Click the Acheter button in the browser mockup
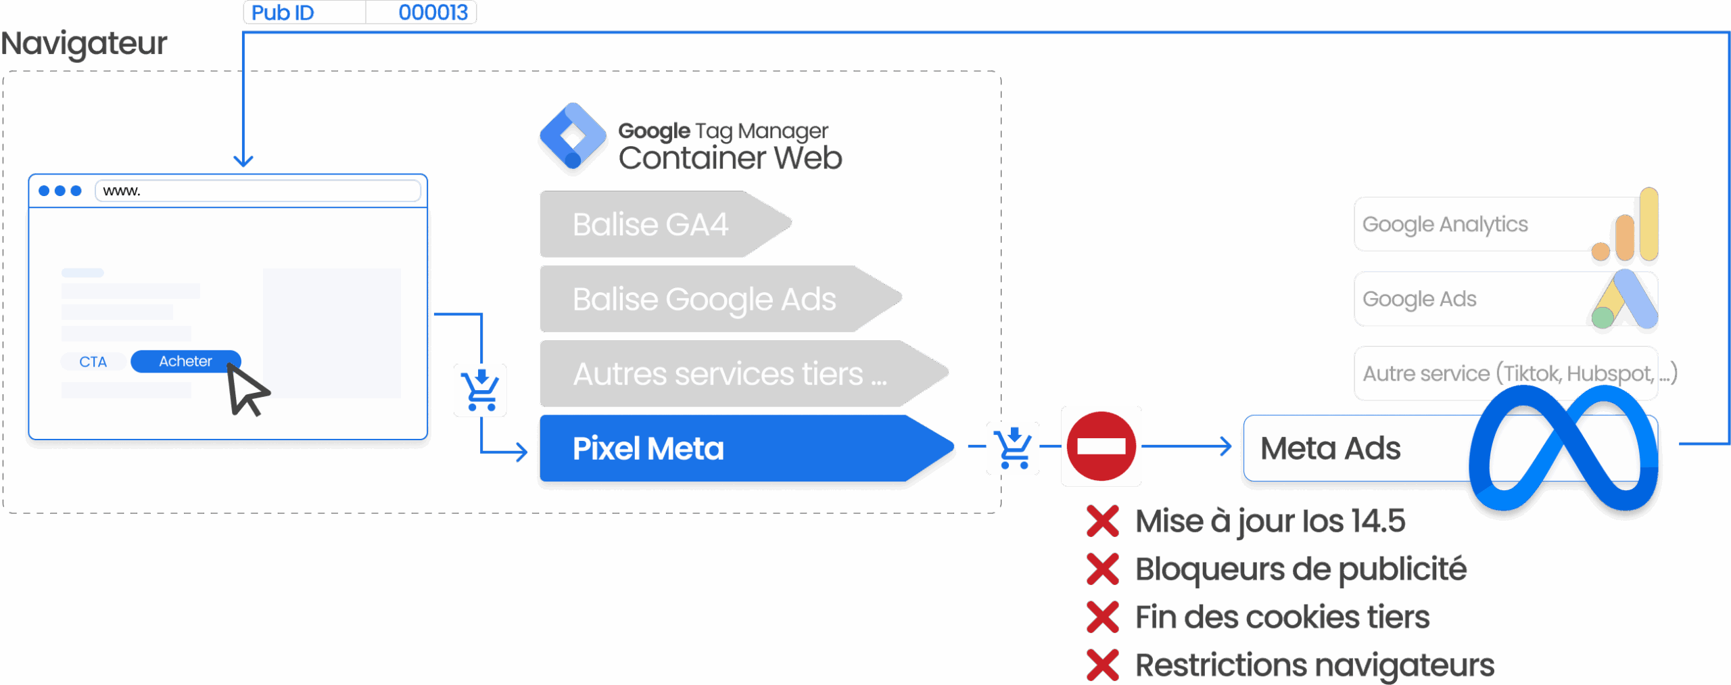coord(185,361)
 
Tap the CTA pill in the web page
coord(93,362)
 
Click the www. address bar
coord(257,191)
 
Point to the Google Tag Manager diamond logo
coord(573,137)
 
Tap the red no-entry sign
coord(1101,446)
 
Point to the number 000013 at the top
coord(433,12)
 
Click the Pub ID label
coord(283,12)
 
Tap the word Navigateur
coord(84,43)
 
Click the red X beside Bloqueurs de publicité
coord(1102,569)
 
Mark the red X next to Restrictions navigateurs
coord(1102,665)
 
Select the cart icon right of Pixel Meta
coord(1012,448)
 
